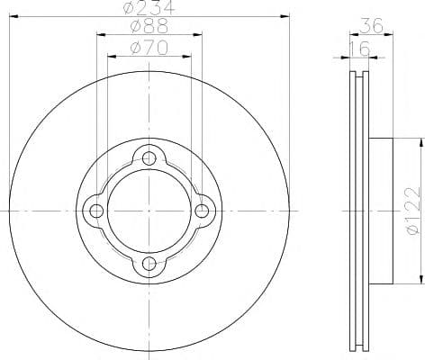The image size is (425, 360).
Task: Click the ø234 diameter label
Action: pos(149,7)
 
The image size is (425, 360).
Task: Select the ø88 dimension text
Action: pos(149,26)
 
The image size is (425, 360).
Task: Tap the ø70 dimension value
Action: pos(149,48)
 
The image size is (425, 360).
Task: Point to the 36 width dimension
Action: pos(372,25)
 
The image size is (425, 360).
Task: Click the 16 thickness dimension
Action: pos(360,49)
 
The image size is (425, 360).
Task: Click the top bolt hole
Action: pos(149,158)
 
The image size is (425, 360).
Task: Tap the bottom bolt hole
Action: pos(149,264)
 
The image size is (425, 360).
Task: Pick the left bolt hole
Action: pos(96,211)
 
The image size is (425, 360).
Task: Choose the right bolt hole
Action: pos(202,211)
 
